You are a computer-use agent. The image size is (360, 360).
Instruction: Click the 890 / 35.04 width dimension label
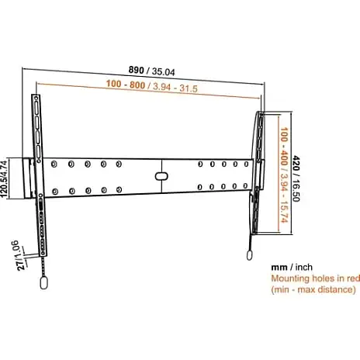[x=151, y=71]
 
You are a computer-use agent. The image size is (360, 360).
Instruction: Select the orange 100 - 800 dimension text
[x=126, y=85]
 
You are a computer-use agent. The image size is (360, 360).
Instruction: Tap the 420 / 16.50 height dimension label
[x=296, y=178]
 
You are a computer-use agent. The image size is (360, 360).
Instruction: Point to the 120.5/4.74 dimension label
[x=5, y=179]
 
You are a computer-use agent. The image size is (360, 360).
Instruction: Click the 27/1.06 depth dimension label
[x=19, y=255]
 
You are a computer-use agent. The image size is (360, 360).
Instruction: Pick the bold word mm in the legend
[x=279, y=267]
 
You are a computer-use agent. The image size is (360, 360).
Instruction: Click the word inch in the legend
[x=303, y=267]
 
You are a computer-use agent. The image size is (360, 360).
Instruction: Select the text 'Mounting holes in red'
[x=316, y=279]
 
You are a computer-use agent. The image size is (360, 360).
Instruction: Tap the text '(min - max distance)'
[x=313, y=289]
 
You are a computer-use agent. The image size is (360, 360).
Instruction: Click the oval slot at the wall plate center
[x=161, y=176]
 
